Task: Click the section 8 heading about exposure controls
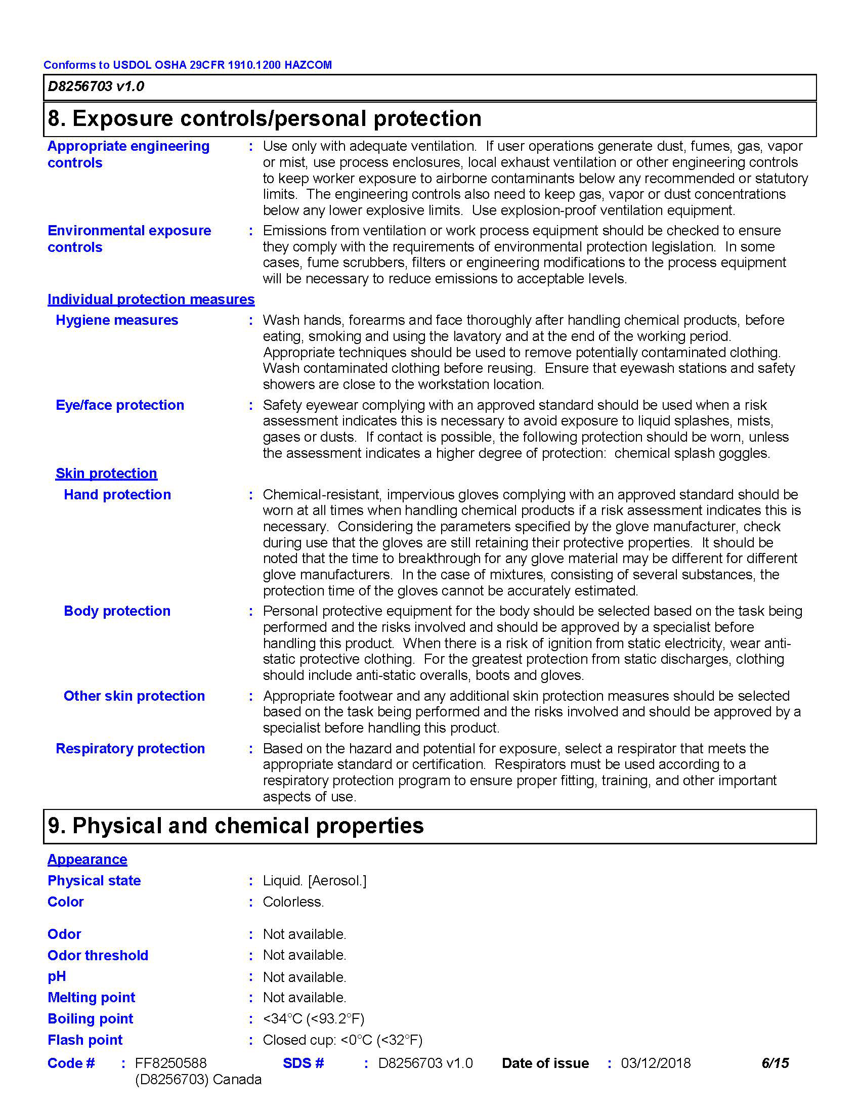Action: coord(264,119)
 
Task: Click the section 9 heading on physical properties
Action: coord(235,826)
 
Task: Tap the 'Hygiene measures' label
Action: coord(117,320)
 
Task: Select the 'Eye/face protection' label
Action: coord(120,405)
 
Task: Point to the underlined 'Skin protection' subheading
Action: coord(106,474)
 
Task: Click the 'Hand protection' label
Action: coord(117,495)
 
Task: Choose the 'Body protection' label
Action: coord(117,611)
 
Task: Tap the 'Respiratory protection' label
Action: coord(130,749)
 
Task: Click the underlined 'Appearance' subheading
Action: coord(87,860)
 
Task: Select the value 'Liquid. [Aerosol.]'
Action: coord(314,881)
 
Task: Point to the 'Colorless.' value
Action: coord(293,902)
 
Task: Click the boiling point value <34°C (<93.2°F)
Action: coord(313,1019)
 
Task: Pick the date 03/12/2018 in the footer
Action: coord(655,1063)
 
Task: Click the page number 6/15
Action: coord(775,1063)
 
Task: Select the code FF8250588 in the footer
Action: coord(170,1063)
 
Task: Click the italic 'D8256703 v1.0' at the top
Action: coord(96,87)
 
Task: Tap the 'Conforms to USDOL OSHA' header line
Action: coord(188,65)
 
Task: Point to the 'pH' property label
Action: coord(57,976)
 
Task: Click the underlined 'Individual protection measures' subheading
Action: coord(151,299)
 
